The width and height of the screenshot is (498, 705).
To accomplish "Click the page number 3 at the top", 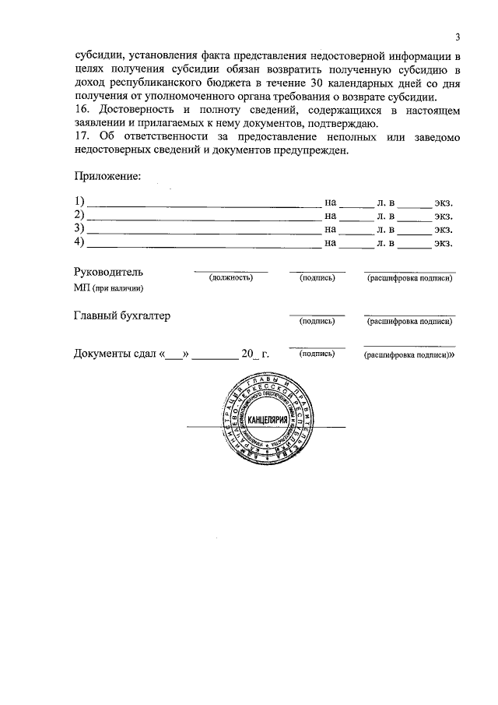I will tap(458, 37).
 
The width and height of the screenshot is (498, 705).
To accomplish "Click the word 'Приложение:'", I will tap(107, 177).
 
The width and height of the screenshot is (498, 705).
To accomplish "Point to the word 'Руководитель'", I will tap(108, 273).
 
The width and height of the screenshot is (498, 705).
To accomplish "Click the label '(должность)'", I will tap(230, 277).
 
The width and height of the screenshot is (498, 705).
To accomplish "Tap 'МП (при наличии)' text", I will tap(109, 288).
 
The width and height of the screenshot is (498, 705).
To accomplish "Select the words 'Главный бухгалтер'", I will tap(122, 316).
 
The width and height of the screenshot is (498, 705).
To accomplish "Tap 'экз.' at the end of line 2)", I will tap(444, 216).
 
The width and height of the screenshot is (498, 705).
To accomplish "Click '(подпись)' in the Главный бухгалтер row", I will tap(317, 320).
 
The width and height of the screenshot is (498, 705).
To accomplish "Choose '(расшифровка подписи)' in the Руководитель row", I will tap(409, 278).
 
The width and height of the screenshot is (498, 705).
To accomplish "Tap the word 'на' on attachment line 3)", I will tap(331, 229).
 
